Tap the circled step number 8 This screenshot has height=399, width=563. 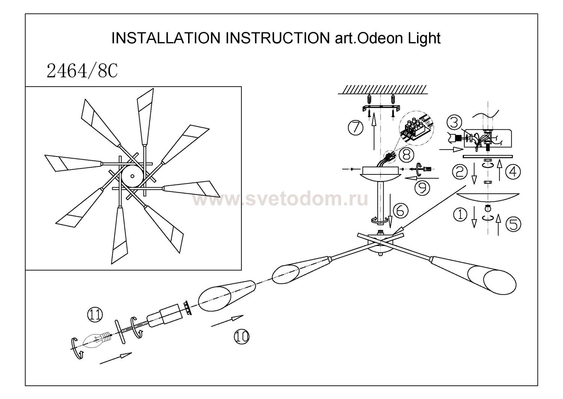coord(406,154)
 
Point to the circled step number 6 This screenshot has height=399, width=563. coord(400,211)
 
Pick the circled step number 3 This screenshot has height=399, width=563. coord(454,123)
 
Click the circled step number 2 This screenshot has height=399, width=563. coord(459,172)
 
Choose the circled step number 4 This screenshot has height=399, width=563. coord(513,172)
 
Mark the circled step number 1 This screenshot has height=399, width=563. coord(461,215)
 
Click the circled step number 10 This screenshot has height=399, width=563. coord(242,336)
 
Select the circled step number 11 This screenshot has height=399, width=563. coord(95,314)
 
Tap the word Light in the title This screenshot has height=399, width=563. coord(424,38)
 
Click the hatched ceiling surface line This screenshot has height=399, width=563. coord(381,89)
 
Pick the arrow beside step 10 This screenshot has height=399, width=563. coord(227,321)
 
